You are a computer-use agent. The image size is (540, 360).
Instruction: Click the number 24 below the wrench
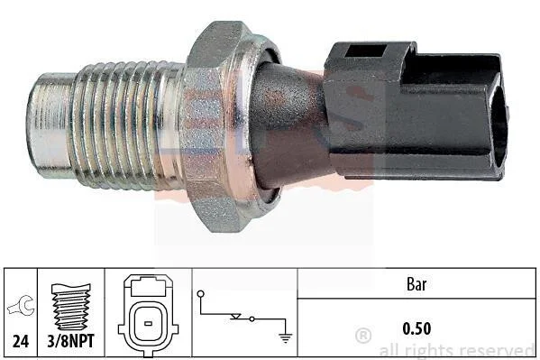pos(21,341)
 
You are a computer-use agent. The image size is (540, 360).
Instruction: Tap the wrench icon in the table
pos(21,306)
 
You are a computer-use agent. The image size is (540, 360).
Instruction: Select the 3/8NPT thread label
pos(70,341)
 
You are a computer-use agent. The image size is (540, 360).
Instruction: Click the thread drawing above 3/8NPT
pos(71,306)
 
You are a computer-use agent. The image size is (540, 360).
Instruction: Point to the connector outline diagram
pos(148,315)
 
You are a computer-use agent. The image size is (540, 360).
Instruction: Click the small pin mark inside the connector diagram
pos(148,323)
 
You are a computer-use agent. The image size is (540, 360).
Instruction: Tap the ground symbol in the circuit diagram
pos(286,337)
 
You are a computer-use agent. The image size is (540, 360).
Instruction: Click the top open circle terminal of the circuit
pos(200,294)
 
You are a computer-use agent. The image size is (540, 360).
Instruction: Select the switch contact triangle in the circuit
pos(236,316)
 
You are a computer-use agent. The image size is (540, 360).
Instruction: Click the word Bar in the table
pos(416,284)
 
